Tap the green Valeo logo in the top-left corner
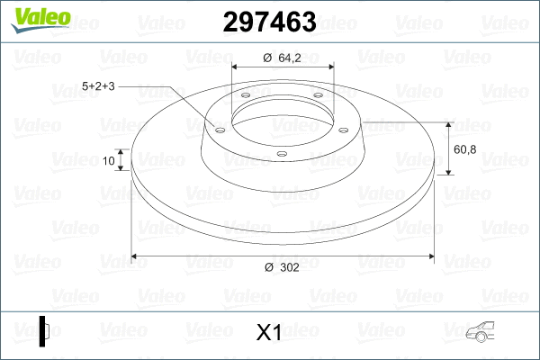click(35, 17)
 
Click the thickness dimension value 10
click(110, 162)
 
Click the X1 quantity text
click(269, 333)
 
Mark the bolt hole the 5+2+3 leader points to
click(218, 128)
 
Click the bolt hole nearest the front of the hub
click(281, 154)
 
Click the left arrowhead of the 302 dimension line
click(136, 257)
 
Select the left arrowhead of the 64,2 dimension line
click(236, 67)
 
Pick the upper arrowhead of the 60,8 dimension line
click(449, 122)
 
